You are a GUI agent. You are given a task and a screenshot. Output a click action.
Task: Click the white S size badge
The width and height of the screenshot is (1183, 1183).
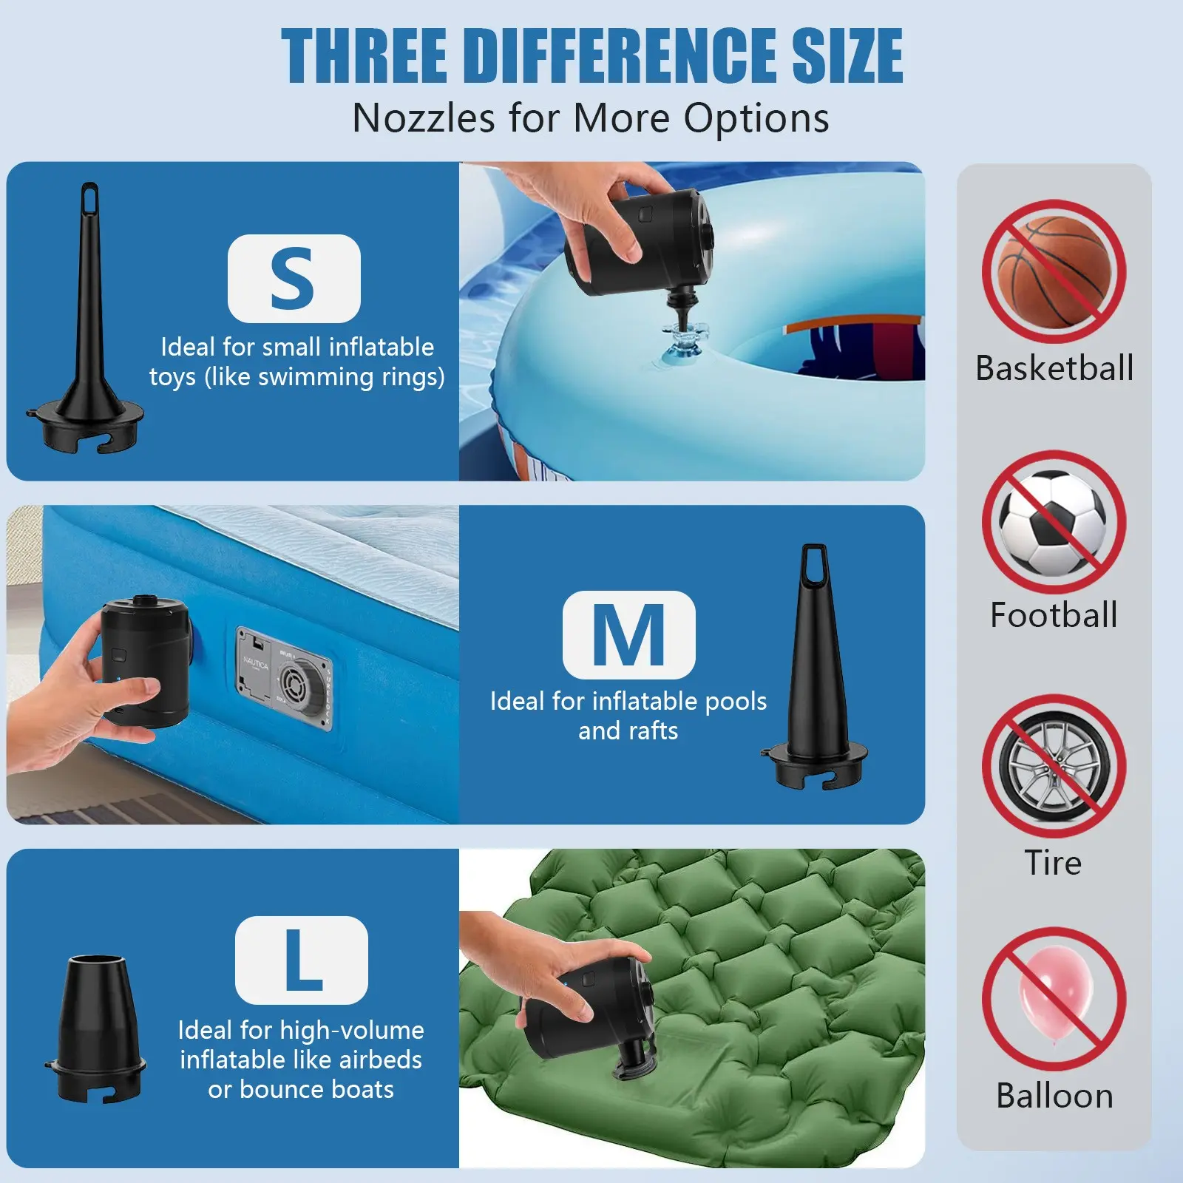click(x=294, y=278)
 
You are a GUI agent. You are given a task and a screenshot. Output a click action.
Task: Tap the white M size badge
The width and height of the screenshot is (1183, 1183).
click(x=628, y=634)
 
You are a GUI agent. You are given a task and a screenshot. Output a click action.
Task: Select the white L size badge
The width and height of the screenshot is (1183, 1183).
click(x=302, y=960)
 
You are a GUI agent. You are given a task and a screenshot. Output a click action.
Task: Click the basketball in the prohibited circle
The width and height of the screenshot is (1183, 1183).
click(x=1054, y=271)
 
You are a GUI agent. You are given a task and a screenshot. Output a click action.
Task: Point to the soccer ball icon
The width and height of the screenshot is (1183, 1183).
click(x=1053, y=523)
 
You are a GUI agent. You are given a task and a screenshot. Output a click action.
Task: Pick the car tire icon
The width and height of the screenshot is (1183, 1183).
click(x=1054, y=766)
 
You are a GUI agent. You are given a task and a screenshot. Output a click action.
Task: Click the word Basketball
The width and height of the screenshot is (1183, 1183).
click(x=1054, y=367)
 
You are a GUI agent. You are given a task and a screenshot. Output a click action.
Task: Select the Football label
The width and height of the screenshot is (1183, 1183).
click(x=1054, y=614)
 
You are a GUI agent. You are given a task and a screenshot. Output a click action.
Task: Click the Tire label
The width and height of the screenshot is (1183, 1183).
click(x=1053, y=862)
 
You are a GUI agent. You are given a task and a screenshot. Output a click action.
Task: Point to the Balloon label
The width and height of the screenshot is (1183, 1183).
click(x=1054, y=1095)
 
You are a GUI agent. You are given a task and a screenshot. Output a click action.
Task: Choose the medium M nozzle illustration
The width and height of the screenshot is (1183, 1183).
click(x=814, y=665)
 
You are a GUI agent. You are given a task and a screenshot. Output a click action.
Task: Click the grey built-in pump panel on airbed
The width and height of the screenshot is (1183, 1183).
click(x=284, y=679)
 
